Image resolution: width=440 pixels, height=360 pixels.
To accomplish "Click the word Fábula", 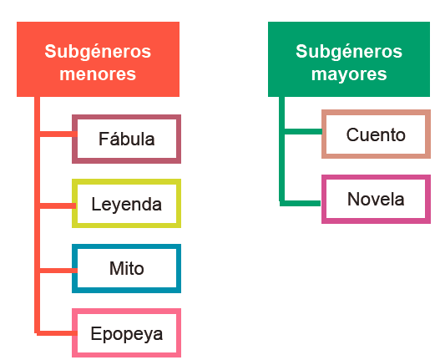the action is click(127, 139).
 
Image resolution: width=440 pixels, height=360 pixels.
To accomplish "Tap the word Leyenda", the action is click(127, 205).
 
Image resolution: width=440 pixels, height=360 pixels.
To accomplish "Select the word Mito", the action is click(127, 268).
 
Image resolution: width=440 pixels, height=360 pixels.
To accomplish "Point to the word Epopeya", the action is click(127, 334).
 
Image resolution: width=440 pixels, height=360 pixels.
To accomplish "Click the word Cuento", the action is click(376, 134).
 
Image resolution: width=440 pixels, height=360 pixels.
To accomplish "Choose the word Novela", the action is click(376, 199).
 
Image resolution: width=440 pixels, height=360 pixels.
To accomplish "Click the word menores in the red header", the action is click(98, 74).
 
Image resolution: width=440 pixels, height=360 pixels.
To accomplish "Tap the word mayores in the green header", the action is click(349, 74).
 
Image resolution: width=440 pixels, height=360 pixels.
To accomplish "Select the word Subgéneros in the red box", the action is click(98, 52).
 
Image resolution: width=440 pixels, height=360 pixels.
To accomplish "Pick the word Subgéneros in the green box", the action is click(349, 52).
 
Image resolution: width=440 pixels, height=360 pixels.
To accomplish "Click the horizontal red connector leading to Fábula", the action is click(58, 134).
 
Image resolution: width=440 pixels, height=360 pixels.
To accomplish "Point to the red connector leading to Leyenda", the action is click(58, 205).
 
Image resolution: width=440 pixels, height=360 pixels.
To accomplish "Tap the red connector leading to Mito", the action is click(58, 271).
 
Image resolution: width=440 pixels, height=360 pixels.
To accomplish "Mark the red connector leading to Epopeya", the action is click(57, 333).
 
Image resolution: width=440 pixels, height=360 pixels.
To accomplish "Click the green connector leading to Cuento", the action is click(303, 131).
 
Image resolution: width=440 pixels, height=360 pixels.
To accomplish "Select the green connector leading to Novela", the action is click(300, 203).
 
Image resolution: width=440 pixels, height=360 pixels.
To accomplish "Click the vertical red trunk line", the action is click(37, 215).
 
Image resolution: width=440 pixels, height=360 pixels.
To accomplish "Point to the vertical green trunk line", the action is click(281, 150).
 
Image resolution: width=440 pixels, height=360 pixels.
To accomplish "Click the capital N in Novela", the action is click(353, 199).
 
